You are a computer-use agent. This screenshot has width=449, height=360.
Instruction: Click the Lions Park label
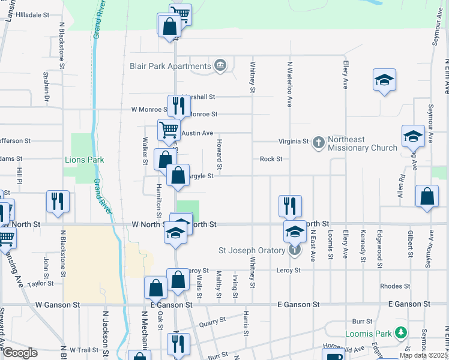[84, 160]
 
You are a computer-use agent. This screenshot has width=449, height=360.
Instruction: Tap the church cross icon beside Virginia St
[318, 142]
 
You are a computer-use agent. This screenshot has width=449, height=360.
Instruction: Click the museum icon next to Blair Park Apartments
[220, 65]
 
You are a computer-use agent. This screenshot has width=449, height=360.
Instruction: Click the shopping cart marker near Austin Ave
[169, 129]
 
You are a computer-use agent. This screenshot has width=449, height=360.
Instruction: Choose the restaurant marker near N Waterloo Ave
[290, 205]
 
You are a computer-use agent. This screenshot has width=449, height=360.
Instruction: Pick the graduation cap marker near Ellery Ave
[384, 80]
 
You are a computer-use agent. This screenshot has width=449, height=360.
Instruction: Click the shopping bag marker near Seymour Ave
[426, 196]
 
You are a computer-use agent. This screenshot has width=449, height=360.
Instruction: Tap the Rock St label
[271, 159]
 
